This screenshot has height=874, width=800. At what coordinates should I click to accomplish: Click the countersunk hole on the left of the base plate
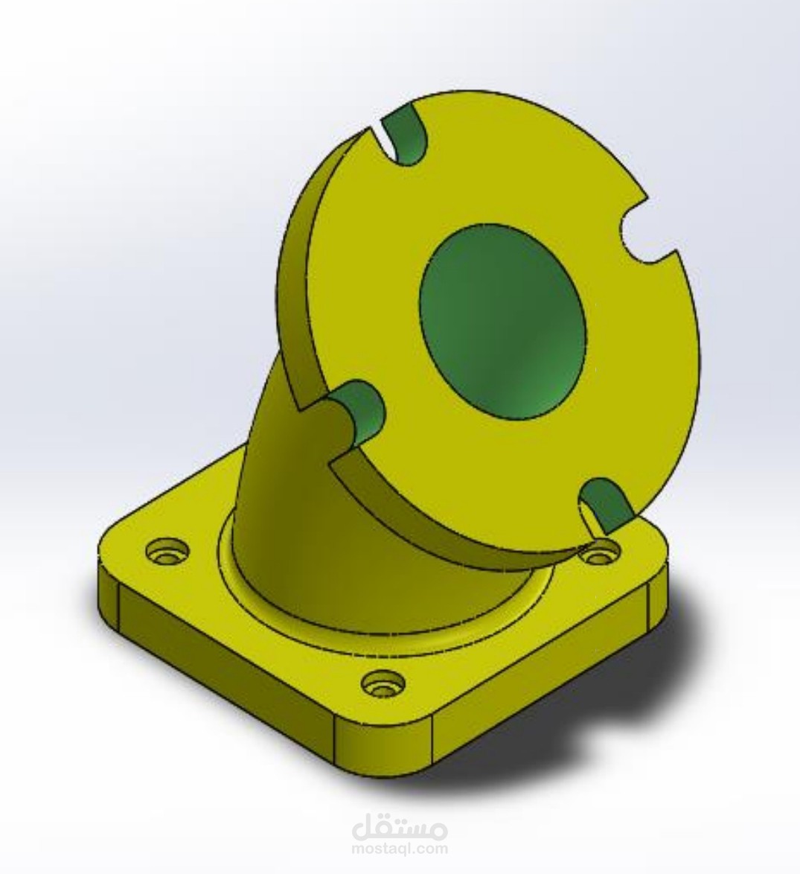(167, 551)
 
